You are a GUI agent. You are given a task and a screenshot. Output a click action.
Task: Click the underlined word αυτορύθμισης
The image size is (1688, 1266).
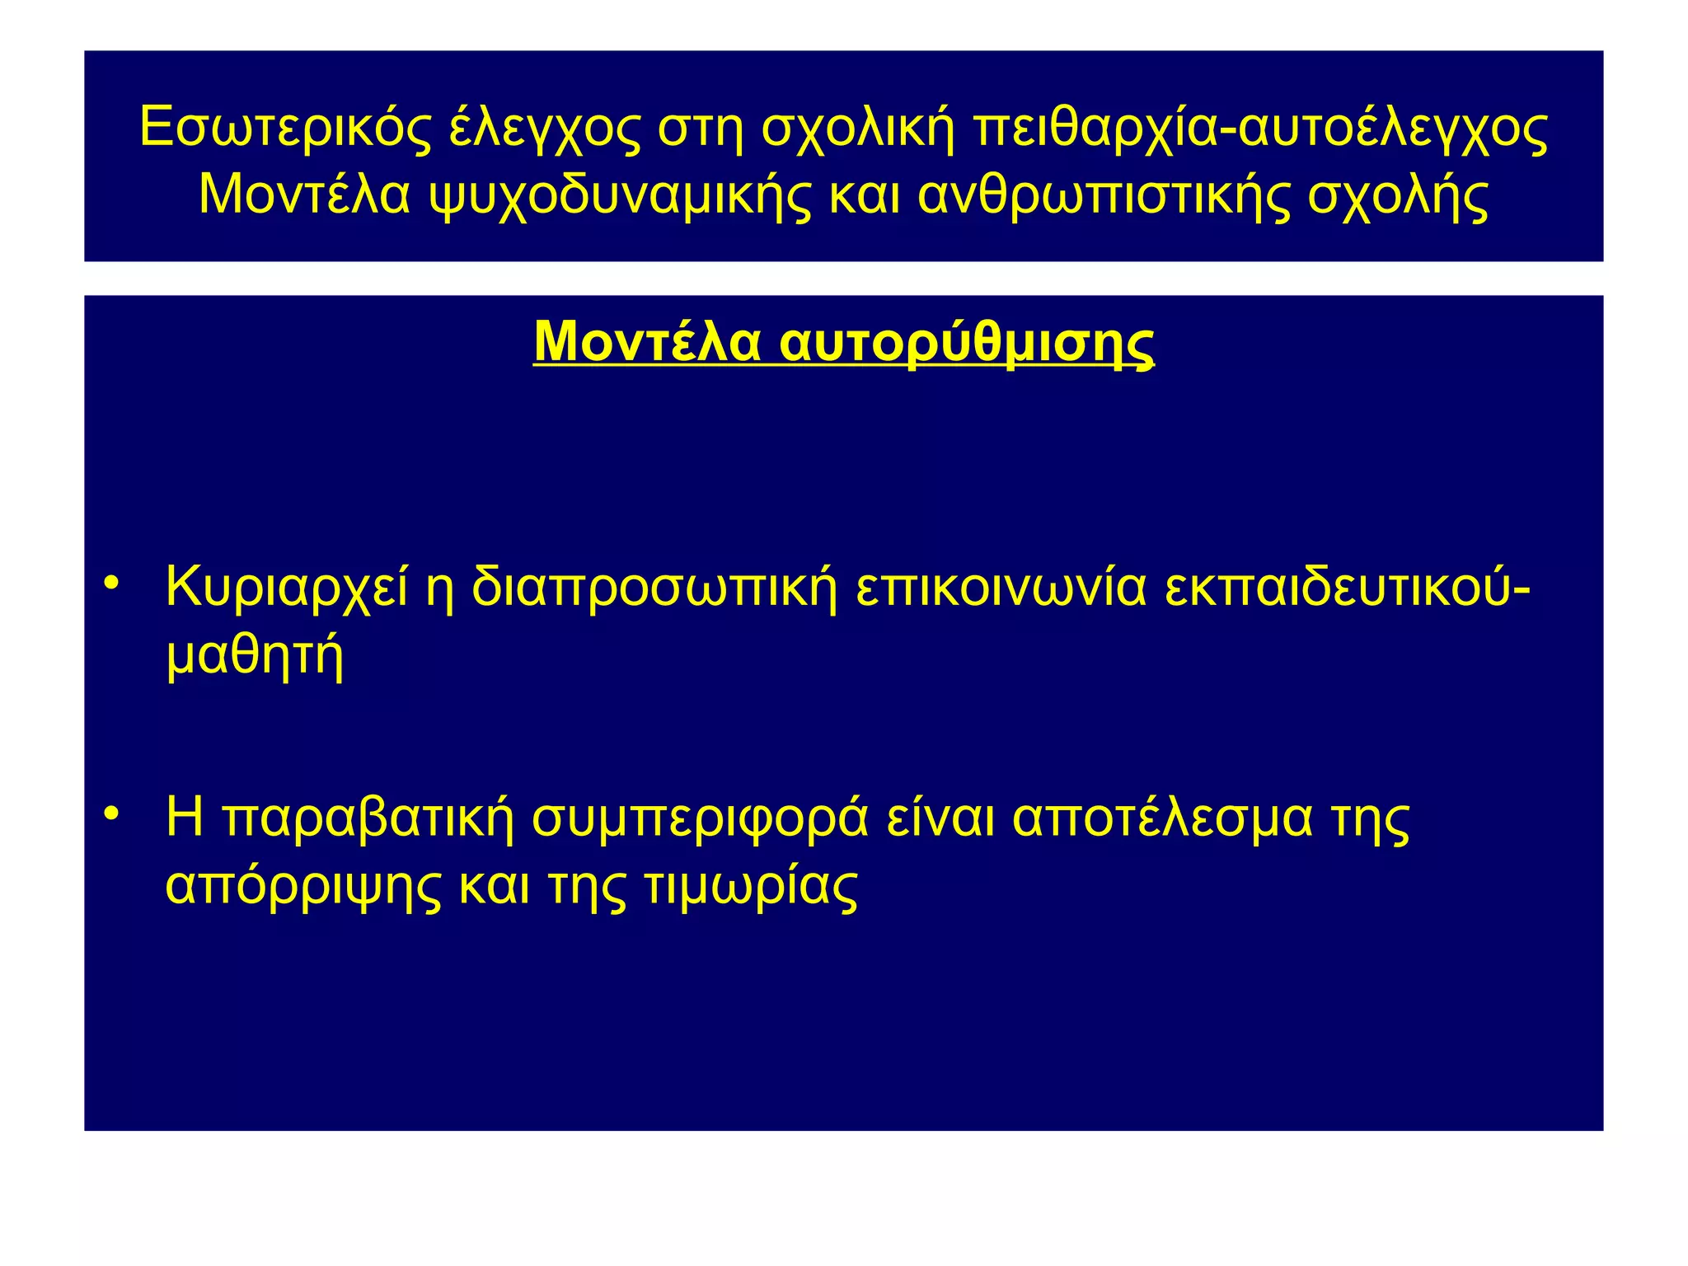tap(966, 343)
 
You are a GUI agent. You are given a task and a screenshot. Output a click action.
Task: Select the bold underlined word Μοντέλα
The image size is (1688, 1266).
tap(647, 341)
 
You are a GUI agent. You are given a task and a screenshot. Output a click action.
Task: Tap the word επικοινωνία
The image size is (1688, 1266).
tap(1001, 588)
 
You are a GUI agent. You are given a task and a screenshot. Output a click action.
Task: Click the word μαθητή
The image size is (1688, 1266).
tap(254, 658)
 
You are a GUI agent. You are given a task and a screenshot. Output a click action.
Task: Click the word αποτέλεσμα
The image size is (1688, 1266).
tap(1162, 818)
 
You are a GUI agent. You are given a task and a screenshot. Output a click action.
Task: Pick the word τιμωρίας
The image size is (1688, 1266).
tap(751, 887)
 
